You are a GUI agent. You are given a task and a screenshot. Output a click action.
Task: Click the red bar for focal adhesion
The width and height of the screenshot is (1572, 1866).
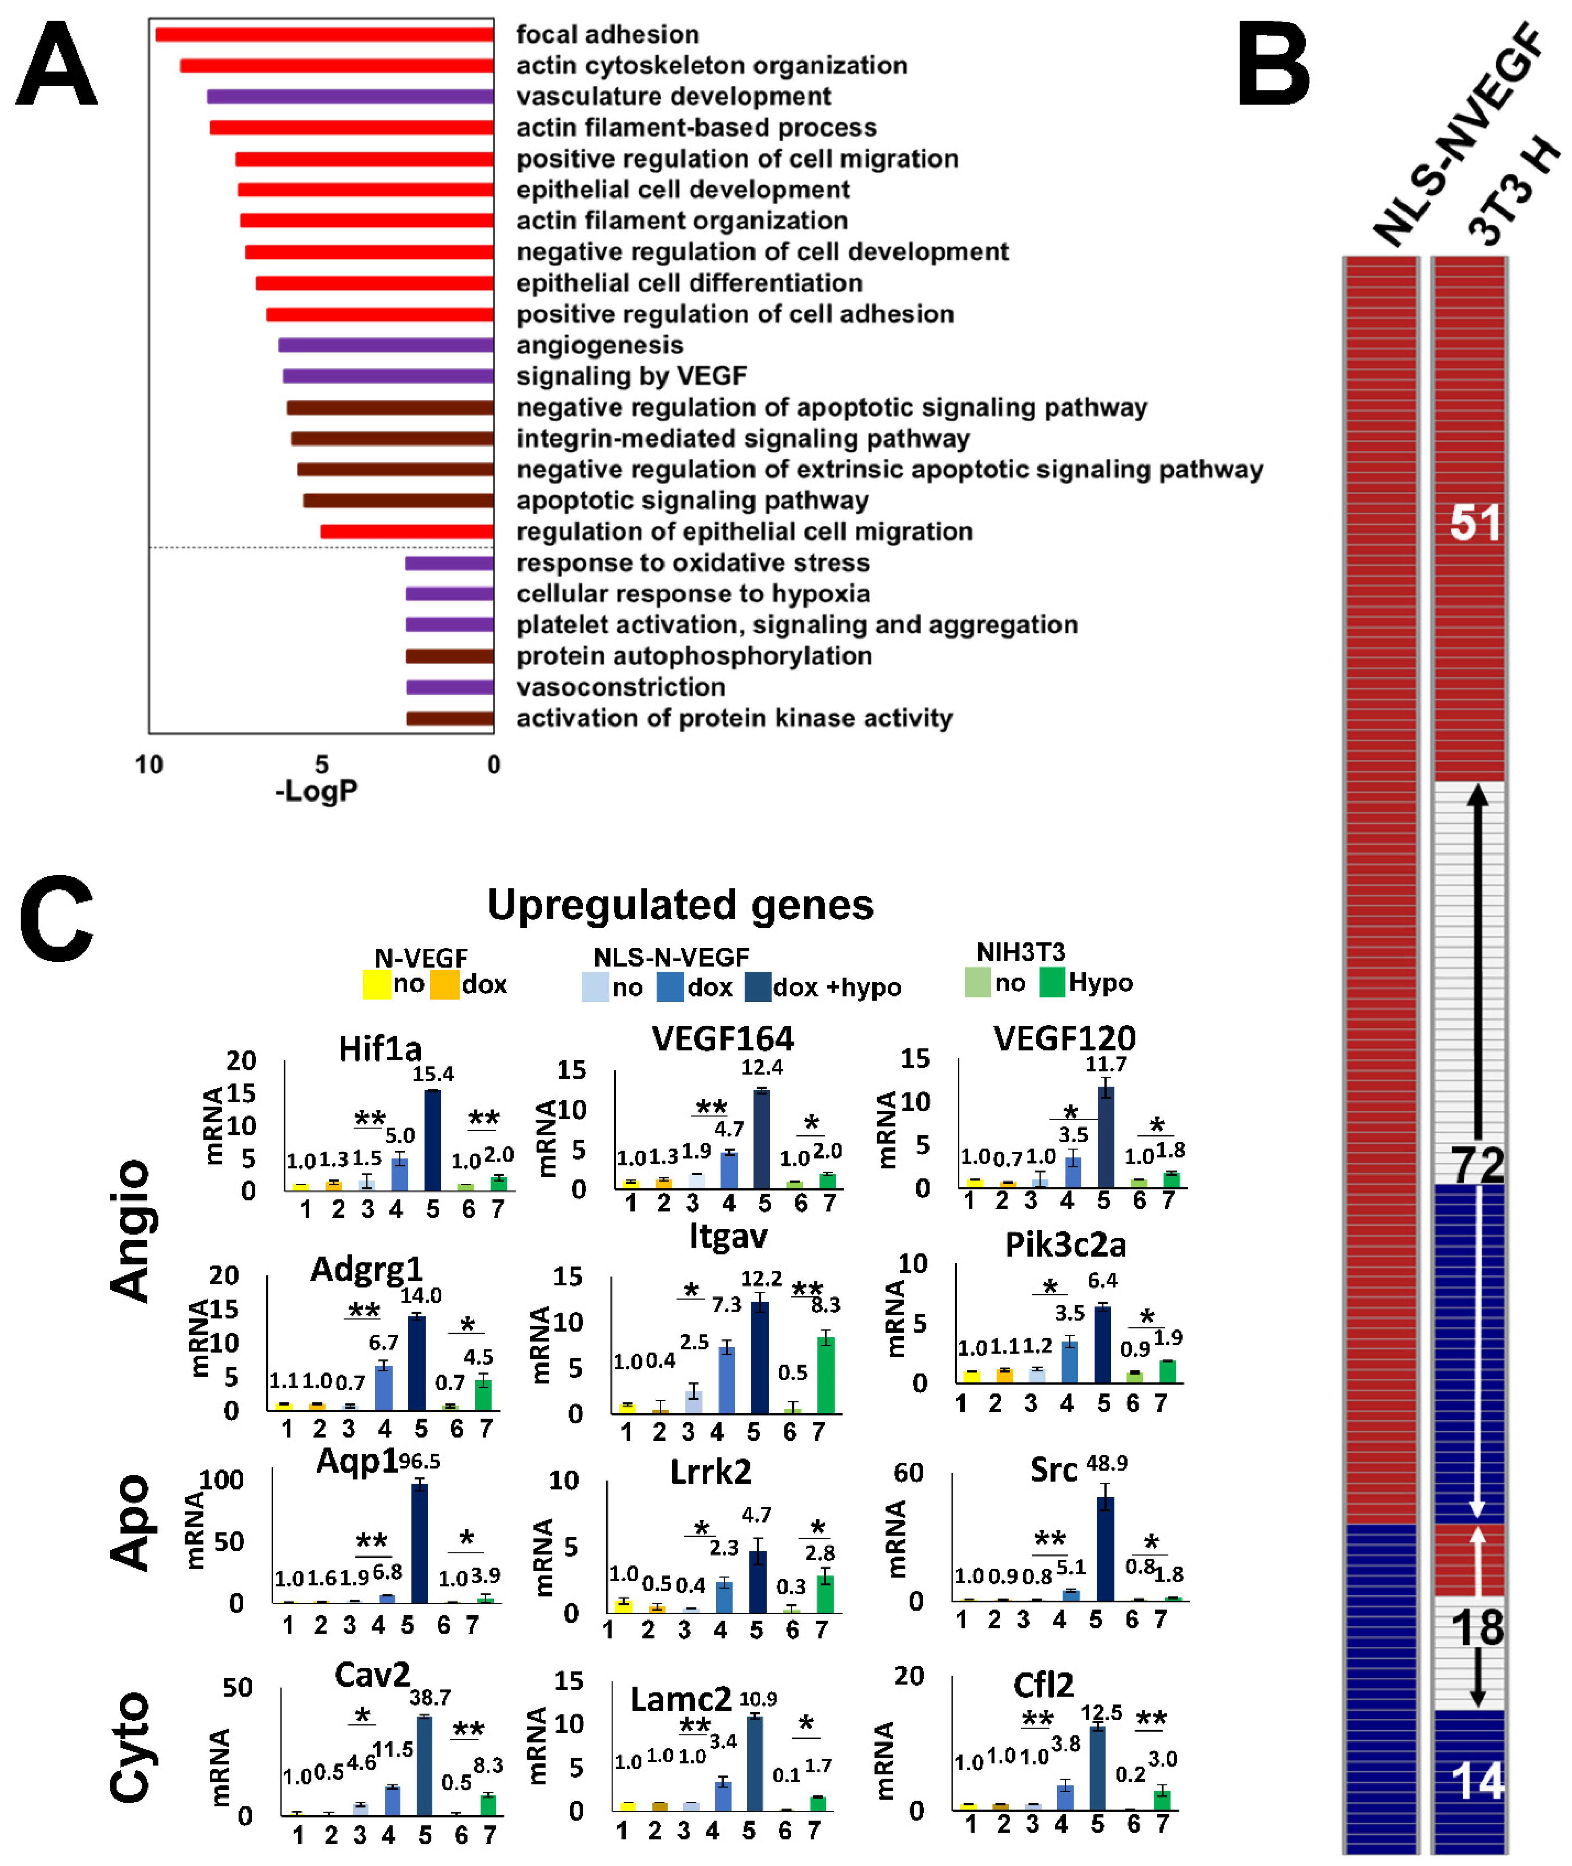pos(324,35)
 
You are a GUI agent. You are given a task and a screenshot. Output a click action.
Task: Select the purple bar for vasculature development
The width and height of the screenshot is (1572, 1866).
pos(350,96)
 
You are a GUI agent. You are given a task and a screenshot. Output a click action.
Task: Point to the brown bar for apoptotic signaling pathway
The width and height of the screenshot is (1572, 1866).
pos(398,501)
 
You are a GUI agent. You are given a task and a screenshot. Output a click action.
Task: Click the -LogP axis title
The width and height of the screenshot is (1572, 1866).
pos(316,790)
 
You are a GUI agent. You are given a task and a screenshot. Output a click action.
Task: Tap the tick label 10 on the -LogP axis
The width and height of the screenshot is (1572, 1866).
pos(149,765)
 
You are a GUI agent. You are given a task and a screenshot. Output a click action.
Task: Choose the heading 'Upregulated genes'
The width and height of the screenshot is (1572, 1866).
pos(680,905)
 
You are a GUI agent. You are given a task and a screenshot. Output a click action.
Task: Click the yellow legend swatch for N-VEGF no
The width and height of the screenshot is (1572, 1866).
pos(376,984)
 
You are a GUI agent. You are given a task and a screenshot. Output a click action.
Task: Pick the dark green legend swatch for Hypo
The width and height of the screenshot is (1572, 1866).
pos(1052,982)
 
